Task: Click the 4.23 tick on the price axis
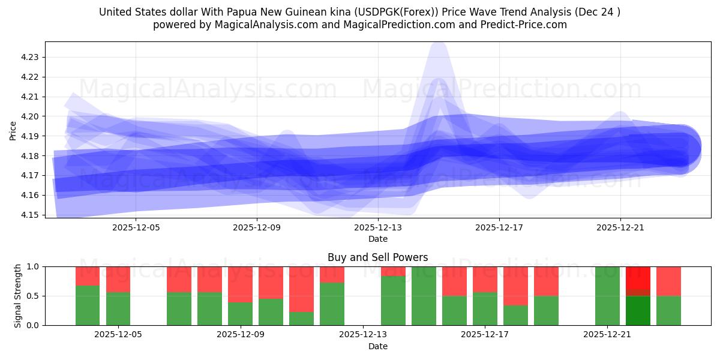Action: (30, 57)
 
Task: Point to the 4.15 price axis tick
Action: (30, 215)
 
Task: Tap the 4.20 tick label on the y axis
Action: (30, 116)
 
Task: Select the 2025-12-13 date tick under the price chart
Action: (378, 228)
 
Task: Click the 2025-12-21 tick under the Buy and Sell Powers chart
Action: (607, 335)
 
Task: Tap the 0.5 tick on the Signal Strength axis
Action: (32, 296)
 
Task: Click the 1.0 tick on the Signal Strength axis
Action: (32, 266)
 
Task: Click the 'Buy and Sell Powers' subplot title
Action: (377, 257)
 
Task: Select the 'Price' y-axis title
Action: (13, 130)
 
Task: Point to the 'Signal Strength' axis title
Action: (18, 296)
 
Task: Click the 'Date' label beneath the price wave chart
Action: (377, 239)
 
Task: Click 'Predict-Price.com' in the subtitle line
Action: (520, 25)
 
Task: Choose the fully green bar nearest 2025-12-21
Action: (607, 296)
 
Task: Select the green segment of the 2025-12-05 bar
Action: (118, 308)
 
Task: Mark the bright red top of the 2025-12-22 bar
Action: (638, 277)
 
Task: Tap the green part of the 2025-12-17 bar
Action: (485, 308)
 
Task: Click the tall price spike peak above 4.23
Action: (439, 45)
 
